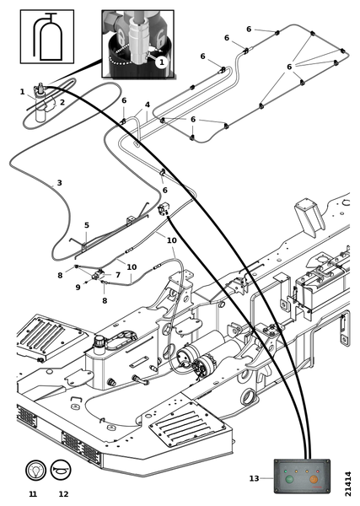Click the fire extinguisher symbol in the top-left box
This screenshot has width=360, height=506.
pyautogui.click(x=47, y=37)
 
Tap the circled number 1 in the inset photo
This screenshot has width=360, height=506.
pyautogui.click(x=161, y=62)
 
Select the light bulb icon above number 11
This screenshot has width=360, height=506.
pyautogui.click(x=35, y=470)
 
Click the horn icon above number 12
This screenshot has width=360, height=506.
pyautogui.click(x=61, y=470)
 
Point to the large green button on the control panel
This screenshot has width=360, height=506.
pyautogui.click(x=289, y=479)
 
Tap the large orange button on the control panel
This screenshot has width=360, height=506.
pyautogui.click(x=314, y=479)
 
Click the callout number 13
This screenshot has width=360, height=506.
pyautogui.click(x=254, y=478)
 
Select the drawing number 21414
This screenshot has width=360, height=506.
pyautogui.click(x=347, y=484)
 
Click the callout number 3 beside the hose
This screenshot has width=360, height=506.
pyautogui.click(x=59, y=183)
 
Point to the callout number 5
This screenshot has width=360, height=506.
pyautogui.click(x=87, y=225)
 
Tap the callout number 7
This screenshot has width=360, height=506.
pyautogui.click(x=118, y=275)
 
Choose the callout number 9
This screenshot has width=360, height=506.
pyautogui.click(x=78, y=288)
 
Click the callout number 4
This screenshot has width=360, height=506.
pyautogui.click(x=148, y=105)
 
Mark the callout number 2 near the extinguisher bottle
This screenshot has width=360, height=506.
pyautogui.click(x=62, y=102)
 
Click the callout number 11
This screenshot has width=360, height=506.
pyautogui.click(x=33, y=494)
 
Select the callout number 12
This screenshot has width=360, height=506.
pyautogui.click(x=63, y=494)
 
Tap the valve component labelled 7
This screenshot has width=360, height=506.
pyautogui.click(x=99, y=275)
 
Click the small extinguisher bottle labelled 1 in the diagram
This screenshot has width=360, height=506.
pyautogui.click(x=40, y=103)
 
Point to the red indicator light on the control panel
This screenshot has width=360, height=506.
pyautogui.click(x=318, y=471)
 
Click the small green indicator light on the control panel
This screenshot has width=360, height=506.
pyautogui.click(x=286, y=471)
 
